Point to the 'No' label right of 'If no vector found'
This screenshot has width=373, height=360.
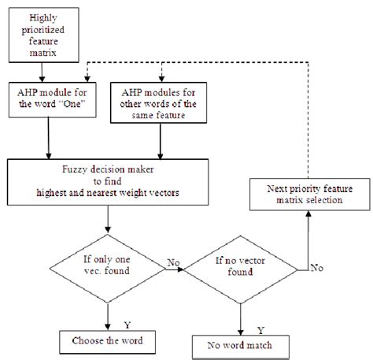(x=316, y=268)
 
